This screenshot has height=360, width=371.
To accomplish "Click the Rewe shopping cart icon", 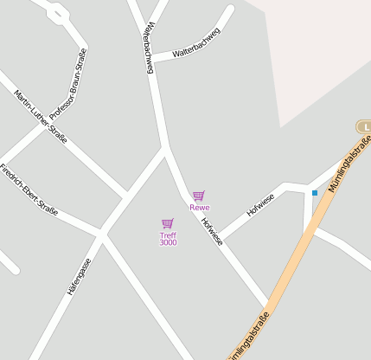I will [x=199, y=196].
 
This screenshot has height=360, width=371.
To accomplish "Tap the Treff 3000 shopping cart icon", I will [x=168, y=223].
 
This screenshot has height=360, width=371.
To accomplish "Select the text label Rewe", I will [x=200, y=208].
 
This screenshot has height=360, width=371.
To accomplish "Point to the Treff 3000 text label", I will [x=168, y=239].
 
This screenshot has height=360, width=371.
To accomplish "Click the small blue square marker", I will [x=315, y=192].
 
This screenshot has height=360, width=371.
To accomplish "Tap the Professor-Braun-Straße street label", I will [x=69, y=84].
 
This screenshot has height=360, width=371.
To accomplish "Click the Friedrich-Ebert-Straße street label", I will [x=29, y=189].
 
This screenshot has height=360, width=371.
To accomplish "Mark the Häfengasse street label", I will [x=79, y=276].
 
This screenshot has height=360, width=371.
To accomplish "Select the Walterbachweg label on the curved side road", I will [x=196, y=42].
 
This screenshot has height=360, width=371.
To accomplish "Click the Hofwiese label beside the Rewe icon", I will [x=212, y=232].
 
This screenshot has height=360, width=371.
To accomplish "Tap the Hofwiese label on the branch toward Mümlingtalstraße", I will [x=260, y=203].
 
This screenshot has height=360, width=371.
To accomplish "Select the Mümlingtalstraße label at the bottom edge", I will [x=247, y=336].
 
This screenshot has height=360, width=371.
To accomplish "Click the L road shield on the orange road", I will [x=365, y=127].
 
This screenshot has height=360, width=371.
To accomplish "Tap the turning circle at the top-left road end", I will [x=57, y=12].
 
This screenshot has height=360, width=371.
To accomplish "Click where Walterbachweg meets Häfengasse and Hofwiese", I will [x=164, y=148].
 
